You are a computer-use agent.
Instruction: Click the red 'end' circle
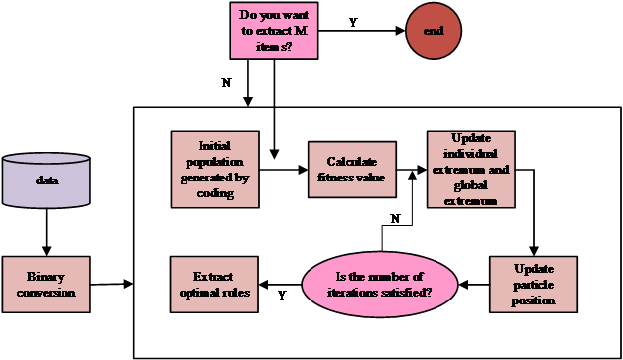[434, 32]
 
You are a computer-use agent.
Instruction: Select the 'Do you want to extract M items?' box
[274, 31]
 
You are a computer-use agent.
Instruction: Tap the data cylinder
[47, 180]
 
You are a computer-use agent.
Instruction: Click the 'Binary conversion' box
[46, 284]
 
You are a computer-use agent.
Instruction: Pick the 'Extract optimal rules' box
[213, 284]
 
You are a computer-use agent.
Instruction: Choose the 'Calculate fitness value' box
[351, 170]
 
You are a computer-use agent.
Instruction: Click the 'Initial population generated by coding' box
[214, 170]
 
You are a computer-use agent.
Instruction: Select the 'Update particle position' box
[533, 284]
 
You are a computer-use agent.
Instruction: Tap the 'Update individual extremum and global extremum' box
[470, 170]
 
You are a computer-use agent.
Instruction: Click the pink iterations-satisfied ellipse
[379, 284]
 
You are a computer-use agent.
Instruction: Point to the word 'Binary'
[46, 276]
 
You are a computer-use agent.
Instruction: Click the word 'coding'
[215, 193]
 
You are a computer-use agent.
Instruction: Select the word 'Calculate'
[351, 162]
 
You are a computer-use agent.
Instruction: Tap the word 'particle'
[533, 285]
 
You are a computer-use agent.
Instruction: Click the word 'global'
[471, 185]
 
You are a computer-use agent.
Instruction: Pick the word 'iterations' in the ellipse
[357, 293]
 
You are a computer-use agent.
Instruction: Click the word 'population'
[214, 161]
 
